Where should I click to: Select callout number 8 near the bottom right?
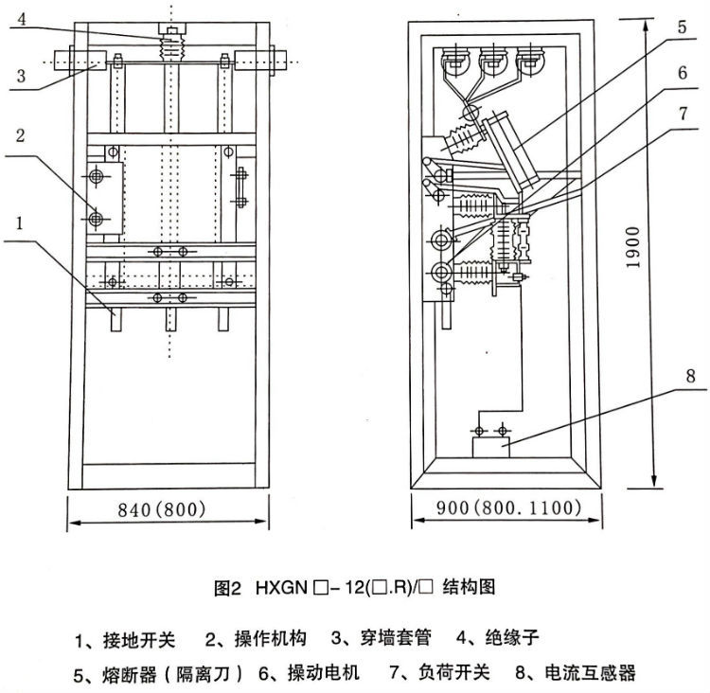tap(690, 376)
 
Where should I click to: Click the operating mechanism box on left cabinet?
tap(104, 199)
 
